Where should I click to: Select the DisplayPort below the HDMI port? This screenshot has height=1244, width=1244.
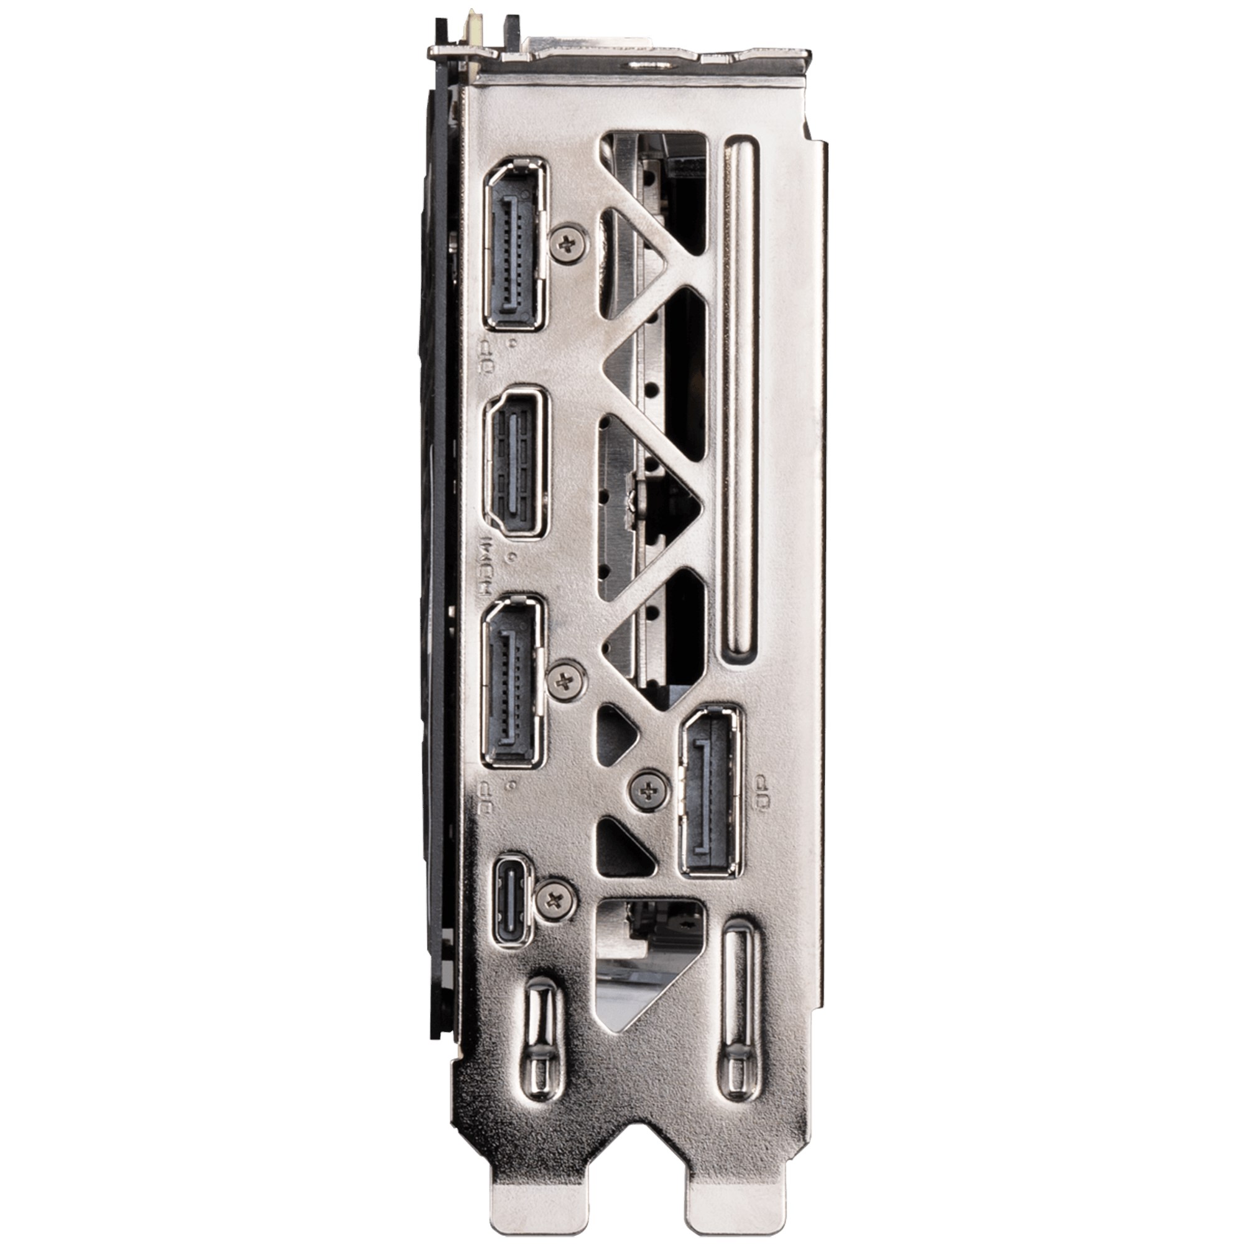513,681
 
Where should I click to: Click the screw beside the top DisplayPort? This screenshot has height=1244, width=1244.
568,244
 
